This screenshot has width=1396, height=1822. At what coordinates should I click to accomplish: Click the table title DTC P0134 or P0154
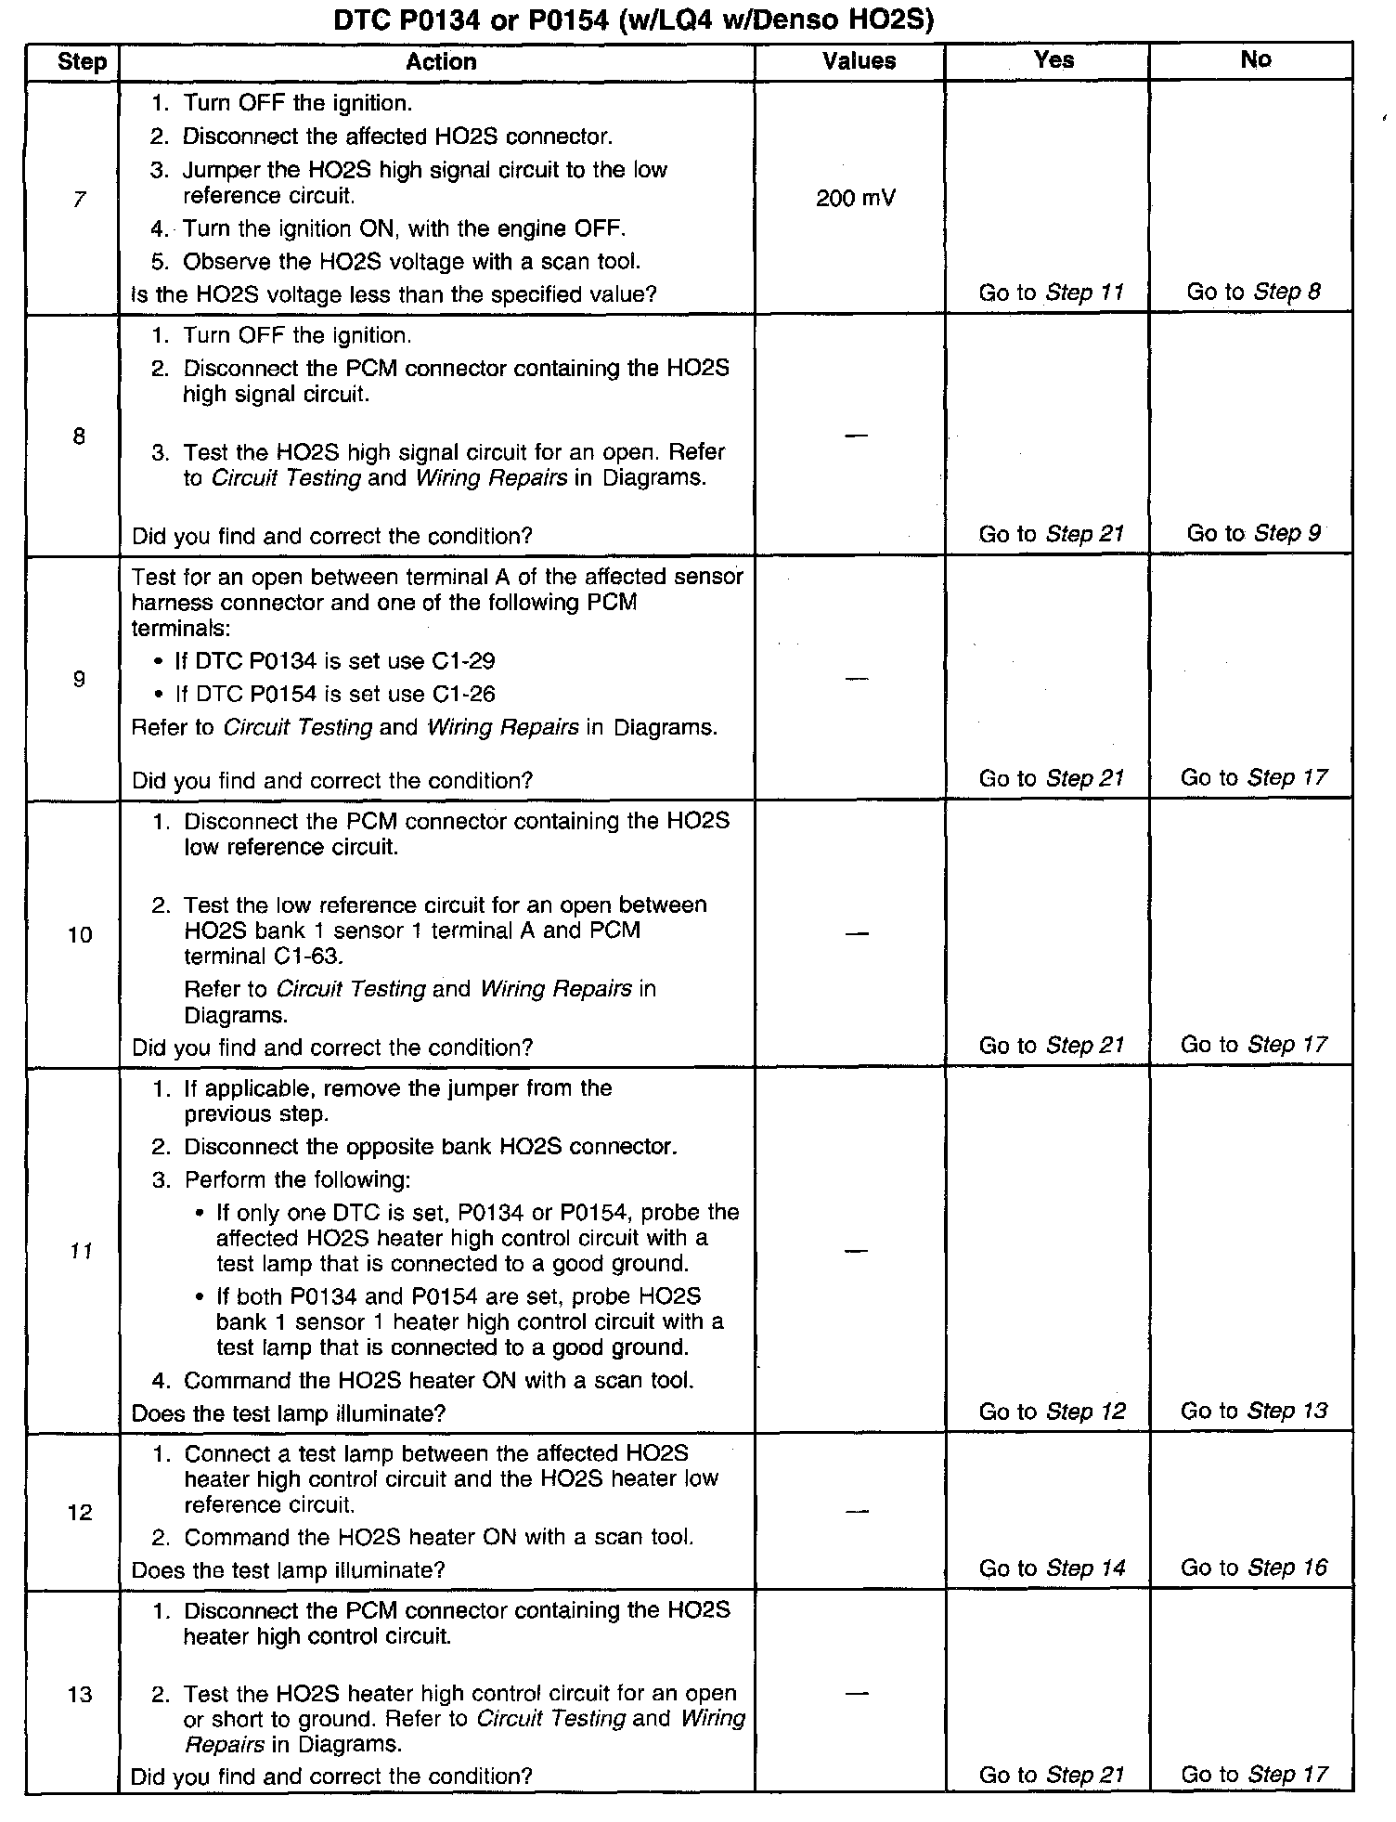633,20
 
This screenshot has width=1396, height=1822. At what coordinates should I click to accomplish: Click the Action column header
441,62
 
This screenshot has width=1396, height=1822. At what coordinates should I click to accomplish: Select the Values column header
859,62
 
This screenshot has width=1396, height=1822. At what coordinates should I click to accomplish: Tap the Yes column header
1053,60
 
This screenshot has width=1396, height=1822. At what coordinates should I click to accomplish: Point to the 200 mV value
856,199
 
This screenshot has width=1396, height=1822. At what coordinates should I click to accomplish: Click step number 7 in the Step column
79,199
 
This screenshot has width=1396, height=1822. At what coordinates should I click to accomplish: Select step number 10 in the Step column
80,935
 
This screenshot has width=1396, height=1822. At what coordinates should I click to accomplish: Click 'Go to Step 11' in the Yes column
1051,293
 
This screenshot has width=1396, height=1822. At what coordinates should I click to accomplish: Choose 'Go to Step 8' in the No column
1253,293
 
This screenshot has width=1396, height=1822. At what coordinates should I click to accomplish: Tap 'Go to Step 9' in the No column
1253,534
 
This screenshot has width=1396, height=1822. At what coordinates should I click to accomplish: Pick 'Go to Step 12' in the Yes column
1052,1412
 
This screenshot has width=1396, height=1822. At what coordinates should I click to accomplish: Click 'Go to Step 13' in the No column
1254,1412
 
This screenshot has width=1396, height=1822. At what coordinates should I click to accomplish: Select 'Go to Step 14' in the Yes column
1052,1568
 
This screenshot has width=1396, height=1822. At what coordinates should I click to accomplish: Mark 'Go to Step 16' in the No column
1254,1568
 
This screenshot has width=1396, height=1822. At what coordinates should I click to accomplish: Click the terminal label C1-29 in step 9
463,662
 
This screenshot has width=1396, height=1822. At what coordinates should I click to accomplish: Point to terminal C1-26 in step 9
463,695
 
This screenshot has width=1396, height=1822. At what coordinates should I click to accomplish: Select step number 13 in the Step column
80,1695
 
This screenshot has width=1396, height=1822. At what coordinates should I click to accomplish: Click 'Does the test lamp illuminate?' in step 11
289,1413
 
